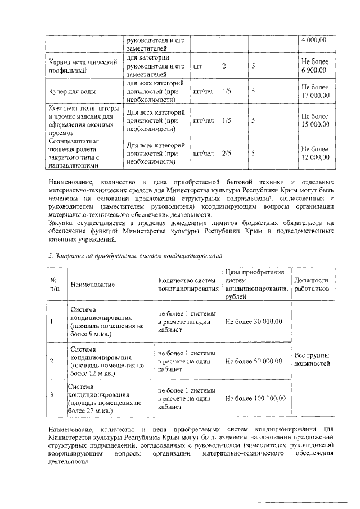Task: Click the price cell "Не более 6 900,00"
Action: [x=314, y=66]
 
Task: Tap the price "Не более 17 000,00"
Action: [x=314, y=91]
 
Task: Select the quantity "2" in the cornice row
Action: [x=224, y=66]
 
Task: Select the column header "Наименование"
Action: [x=92, y=285]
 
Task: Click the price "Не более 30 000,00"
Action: [x=253, y=322]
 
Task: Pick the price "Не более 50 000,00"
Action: [x=253, y=361]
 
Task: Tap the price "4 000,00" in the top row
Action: [x=314, y=40]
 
